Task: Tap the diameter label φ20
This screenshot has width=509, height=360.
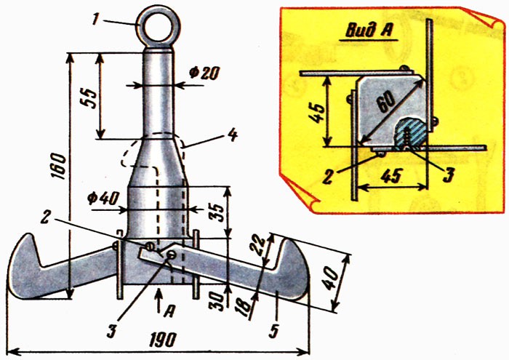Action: pyautogui.click(x=203, y=73)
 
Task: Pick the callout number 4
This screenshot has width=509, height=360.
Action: pyautogui.click(x=232, y=135)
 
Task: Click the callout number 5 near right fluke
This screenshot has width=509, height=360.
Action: pyautogui.click(x=272, y=332)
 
